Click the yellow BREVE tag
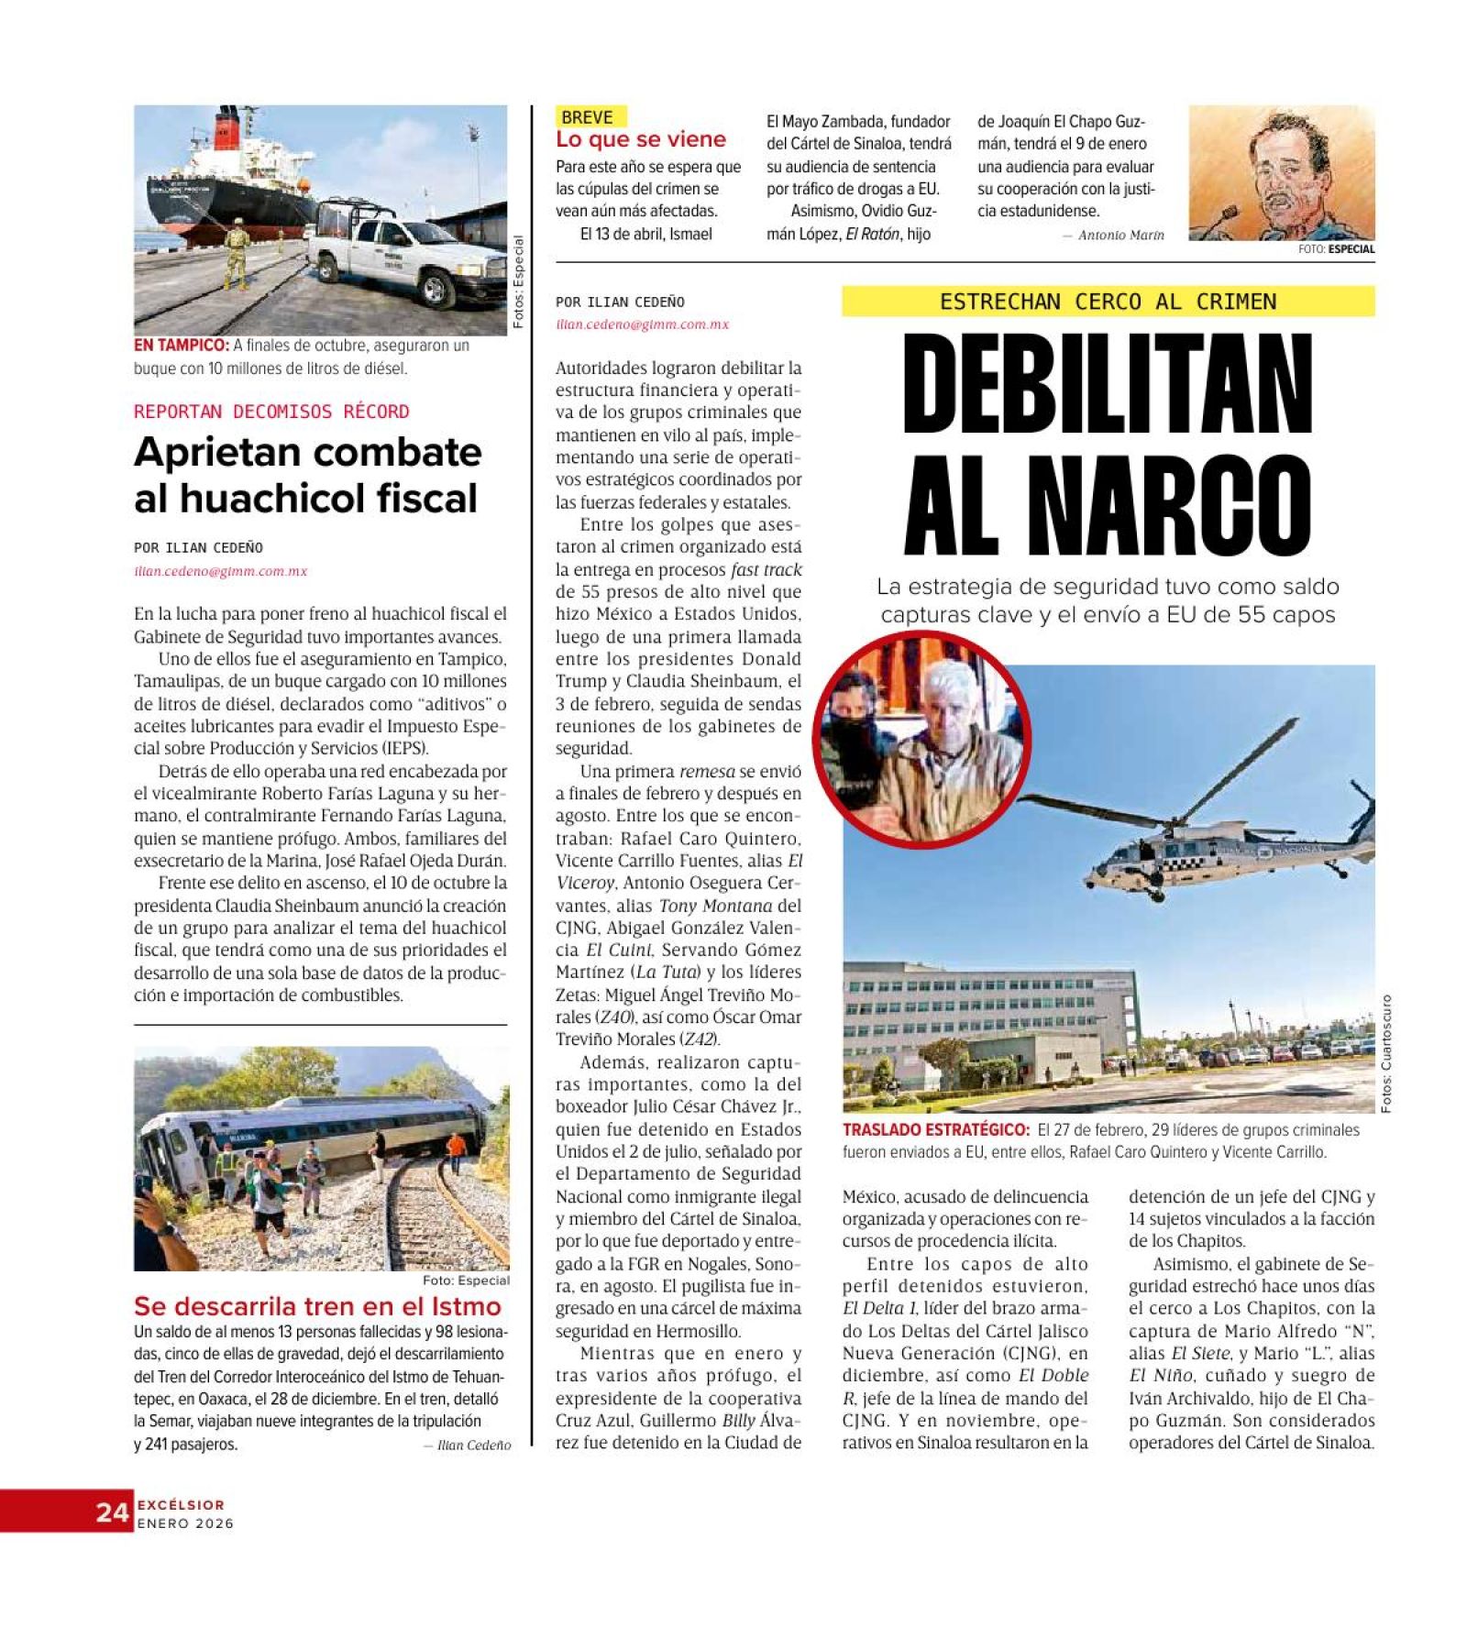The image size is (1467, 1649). pos(588,117)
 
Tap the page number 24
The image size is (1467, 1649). pos(112,1512)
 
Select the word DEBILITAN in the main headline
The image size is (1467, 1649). pos(1108,385)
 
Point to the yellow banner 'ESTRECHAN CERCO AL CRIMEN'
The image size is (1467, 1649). pos(1108,302)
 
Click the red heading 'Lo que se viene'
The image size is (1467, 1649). pos(640,140)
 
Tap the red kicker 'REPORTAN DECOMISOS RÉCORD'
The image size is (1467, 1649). pos(271,412)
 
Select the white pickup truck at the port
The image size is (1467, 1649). pos(403,255)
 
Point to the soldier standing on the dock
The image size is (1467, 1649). pos(237,251)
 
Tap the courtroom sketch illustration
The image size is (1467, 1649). pos(1281,172)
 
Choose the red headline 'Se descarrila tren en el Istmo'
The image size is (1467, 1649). pos(317,1306)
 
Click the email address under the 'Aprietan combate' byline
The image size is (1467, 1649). pos(221,571)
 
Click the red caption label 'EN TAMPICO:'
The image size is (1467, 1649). pos(182,346)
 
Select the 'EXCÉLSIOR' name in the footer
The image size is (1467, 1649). pos(181,1504)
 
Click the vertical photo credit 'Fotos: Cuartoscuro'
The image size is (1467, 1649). pos(1385,1053)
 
